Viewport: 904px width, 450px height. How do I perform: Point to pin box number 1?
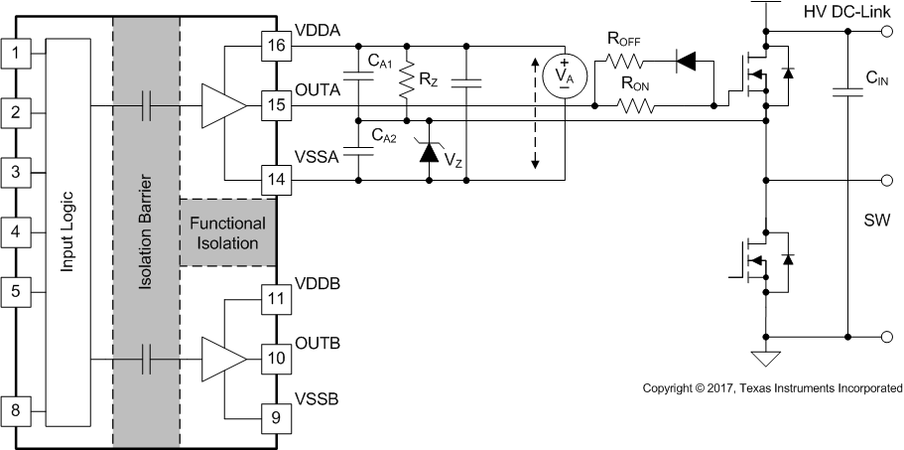[x=14, y=50]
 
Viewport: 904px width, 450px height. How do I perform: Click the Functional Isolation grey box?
[x=225, y=231]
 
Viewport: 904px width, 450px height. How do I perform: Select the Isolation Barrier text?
[x=147, y=230]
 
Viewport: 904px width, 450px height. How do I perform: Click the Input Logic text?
[x=68, y=230]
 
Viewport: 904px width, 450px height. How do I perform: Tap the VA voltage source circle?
[x=563, y=76]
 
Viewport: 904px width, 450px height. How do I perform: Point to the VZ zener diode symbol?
[x=430, y=151]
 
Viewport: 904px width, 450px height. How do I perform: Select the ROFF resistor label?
[x=624, y=42]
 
